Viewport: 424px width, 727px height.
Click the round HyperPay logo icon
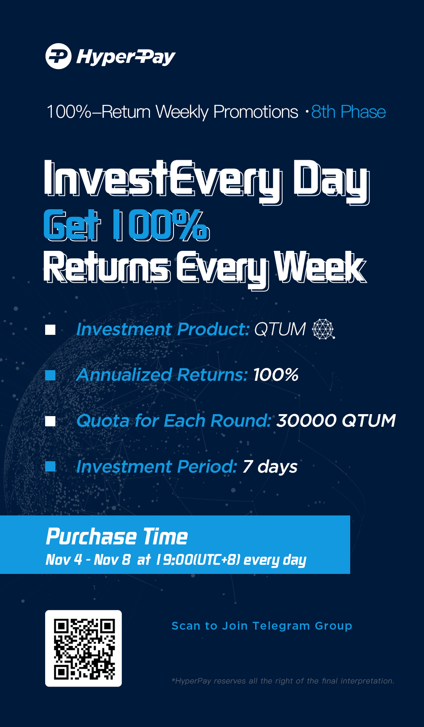[x=58, y=56]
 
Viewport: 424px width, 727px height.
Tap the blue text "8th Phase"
[x=348, y=112]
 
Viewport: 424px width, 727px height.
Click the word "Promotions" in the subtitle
[x=256, y=112]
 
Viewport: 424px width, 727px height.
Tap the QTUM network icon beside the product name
[x=323, y=329]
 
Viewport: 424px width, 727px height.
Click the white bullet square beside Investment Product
[x=50, y=330]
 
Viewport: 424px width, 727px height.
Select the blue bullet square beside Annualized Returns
[x=50, y=375]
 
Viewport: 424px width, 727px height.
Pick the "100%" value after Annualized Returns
[x=276, y=375]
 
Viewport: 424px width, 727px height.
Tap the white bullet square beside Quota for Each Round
[x=50, y=421]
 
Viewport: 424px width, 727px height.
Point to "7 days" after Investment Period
[x=270, y=467]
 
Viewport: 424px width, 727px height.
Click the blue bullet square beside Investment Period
[x=50, y=466]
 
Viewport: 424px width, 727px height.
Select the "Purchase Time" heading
[x=117, y=537]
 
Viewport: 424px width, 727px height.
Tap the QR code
[x=84, y=648]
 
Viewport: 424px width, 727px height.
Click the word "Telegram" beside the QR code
[x=281, y=626]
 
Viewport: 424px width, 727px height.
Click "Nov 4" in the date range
[x=64, y=559]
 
